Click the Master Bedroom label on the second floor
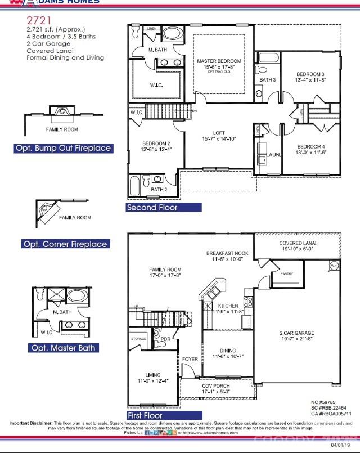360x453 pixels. [x=219, y=61]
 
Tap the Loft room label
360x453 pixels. [x=219, y=133]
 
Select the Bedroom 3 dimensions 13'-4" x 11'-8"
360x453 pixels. [x=311, y=80]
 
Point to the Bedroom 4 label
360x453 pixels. [x=311, y=146]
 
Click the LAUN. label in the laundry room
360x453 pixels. [x=274, y=154]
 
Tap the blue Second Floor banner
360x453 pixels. [x=164, y=208]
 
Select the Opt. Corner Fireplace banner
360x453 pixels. [x=65, y=244]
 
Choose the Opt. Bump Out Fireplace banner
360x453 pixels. [x=63, y=149]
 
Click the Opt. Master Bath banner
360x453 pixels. [x=63, y=348]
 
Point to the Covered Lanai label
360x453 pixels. [x=298, y=243]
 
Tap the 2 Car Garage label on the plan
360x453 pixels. [x=297, y=333]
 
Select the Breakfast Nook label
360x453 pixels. [x=227, y=253]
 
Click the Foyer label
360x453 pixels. [x=190, y=359]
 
